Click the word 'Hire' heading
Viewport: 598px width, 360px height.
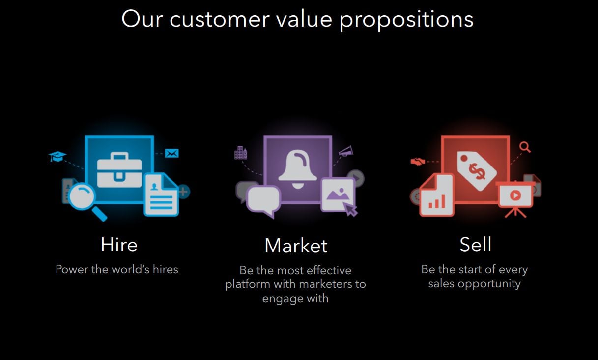tap(119, 245)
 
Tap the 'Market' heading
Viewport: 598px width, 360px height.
tap(296, 246)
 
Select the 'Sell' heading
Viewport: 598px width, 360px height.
tap(476, 245)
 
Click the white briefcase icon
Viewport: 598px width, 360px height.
tap(119, 170)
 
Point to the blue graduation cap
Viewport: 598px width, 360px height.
tap(57, 156)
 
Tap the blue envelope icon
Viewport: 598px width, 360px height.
tap(171, 153)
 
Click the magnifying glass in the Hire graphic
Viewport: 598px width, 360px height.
tap(85, 199)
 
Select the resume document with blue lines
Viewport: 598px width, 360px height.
tap(161, 194)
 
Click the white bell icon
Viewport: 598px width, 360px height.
tap(298, 169)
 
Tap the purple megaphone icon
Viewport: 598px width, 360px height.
tap(346, 151)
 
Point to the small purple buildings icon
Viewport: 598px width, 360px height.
tap(241, 153)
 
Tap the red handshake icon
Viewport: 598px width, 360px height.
tap(418, 161)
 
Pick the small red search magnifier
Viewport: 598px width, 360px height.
tap(525, 147)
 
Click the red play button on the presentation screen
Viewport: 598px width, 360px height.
tap(515, 195)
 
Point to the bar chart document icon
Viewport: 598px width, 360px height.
tap(436, 194)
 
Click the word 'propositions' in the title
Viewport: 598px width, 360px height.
tap(406, 20)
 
